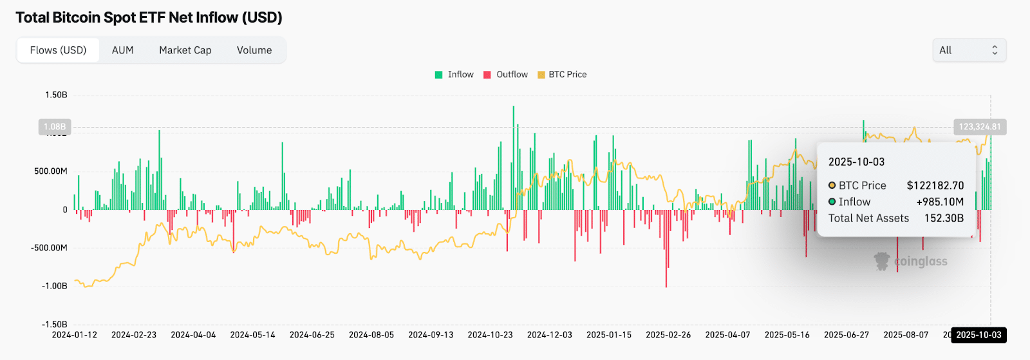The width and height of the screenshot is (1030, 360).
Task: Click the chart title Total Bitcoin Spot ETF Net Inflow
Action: click(149, 17)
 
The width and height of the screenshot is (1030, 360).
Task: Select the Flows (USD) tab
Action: click(58, 50)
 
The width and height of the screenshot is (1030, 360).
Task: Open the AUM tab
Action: click(122, 50)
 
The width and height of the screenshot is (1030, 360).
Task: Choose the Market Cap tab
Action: click(185, 50)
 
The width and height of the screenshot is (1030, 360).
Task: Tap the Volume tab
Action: click(254, 50)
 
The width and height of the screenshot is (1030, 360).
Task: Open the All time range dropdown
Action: click(969, 50)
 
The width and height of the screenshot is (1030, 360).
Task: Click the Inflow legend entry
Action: click(454, 75)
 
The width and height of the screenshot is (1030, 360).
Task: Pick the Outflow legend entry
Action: click(505, 75)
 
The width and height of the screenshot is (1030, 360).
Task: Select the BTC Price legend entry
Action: click(562, 75)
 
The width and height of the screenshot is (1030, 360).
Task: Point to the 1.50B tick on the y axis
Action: click(56, 95)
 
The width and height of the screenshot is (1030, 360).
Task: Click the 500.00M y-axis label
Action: click(51, 171)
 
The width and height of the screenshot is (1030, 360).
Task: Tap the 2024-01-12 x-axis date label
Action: click(75, 335)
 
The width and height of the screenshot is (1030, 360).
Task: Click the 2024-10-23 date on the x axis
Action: click(490, 335)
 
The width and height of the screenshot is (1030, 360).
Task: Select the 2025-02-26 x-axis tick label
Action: click(668, 335)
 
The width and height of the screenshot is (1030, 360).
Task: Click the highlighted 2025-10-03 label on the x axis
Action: click(979, 335)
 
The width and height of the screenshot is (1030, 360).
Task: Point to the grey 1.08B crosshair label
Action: click(55, 127)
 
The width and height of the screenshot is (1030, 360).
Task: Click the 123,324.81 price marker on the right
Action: click(979, 127)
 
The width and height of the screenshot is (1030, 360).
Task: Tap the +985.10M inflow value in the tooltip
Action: click(940, 202)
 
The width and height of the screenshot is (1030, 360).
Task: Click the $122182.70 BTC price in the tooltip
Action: click(935, 185)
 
